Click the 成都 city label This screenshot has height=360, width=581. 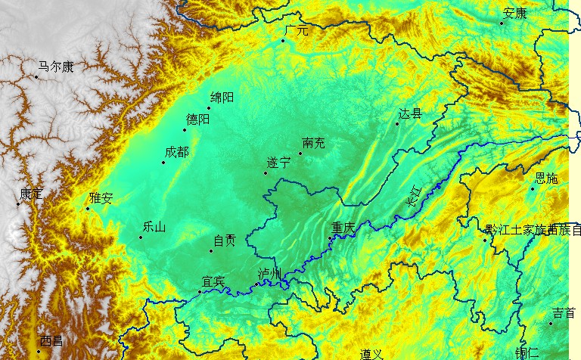coord(176,152)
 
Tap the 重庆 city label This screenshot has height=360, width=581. coord(343,228)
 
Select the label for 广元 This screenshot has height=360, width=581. coord(297,31)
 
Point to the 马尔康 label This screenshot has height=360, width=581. coord(56,67)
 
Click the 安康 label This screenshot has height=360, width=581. coord(514,13)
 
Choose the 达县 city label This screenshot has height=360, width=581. coord(410,114)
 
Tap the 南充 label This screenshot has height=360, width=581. coord(312,143)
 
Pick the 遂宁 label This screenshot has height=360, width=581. coord(278,163)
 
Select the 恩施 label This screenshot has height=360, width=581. coord(545,178)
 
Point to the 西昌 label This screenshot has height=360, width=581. coord(52,340)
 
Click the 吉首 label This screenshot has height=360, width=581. coord(564,313)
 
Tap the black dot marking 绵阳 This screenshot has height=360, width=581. coord(209,108)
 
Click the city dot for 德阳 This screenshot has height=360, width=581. coord(185,130)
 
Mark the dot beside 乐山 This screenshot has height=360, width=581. coord(140,237)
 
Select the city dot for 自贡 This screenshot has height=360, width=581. coord(211,250)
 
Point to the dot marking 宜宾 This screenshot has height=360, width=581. coord(200,291)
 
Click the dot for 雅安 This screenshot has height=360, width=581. coord(87,209)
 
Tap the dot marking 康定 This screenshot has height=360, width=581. coord(18,203)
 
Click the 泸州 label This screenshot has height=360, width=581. coord(269,274)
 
